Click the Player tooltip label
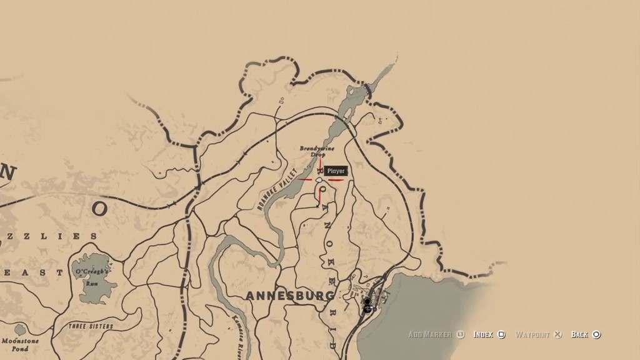coord(336,171)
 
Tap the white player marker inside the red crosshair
coord(319,180)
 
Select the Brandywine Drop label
coord(317,151)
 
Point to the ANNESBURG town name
coord(289,295)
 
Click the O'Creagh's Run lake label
coord(92,276)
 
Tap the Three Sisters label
coord(91,326)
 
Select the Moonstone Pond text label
coord(20,344)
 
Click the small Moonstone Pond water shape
coord(21,329)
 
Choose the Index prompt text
coord(483,335)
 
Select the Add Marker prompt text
coord(430,335)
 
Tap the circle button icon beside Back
coord(596,335)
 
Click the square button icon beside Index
coord(501,335)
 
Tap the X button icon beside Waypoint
coord(559,335)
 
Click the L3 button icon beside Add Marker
coord(461,335)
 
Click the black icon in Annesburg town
coord(367,305)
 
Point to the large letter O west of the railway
coord(100,209)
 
